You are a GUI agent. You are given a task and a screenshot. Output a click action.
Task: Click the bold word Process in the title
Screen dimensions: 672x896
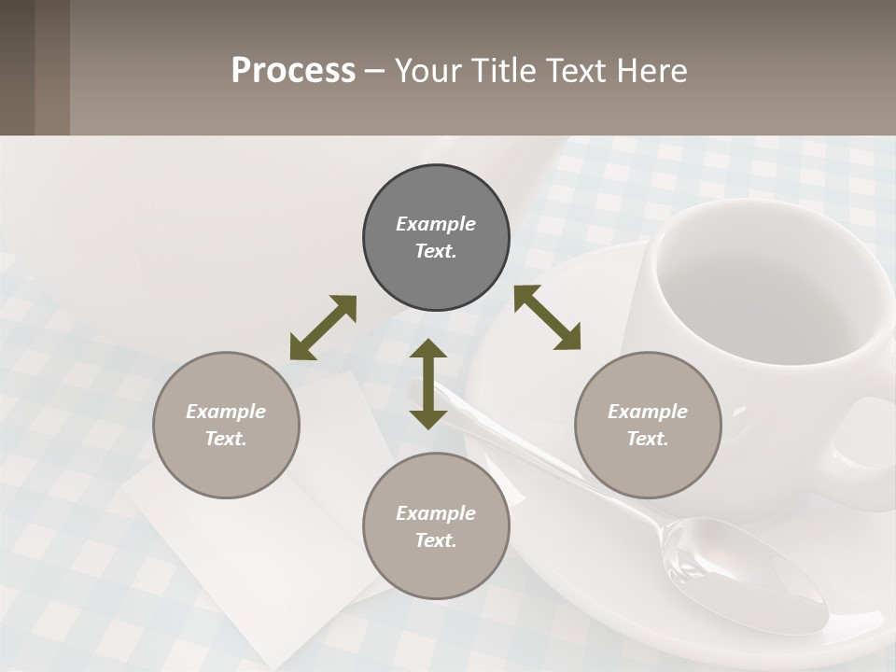click(293, 71)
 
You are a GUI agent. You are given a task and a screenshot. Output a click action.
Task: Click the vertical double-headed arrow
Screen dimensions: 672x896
click(428, 384)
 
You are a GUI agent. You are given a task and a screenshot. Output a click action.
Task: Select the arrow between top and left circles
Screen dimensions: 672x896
click(323, 328)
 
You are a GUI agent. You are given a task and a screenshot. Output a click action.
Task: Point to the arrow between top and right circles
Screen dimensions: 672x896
click(548, 318)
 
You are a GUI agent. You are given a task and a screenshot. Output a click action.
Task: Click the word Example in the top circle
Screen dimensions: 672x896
click(436, 224)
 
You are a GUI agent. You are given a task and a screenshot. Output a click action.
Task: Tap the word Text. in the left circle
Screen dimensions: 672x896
click(226, 439)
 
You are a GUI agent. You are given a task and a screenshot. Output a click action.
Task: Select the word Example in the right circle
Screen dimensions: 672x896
click(648, 412)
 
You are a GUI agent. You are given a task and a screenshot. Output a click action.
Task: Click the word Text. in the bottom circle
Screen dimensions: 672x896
click(436, 540)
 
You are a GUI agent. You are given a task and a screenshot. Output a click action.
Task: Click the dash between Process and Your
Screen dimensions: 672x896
click(375, 71)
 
